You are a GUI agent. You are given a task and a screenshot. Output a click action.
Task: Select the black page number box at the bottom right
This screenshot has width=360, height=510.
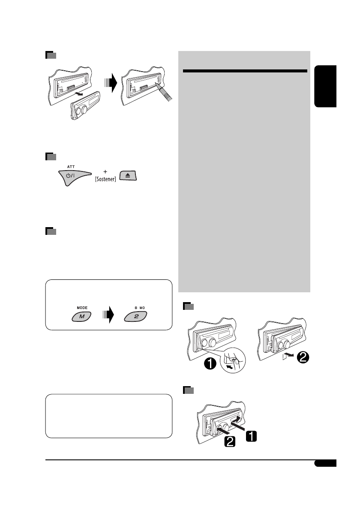pyautogui.click(x=325, y=464)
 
